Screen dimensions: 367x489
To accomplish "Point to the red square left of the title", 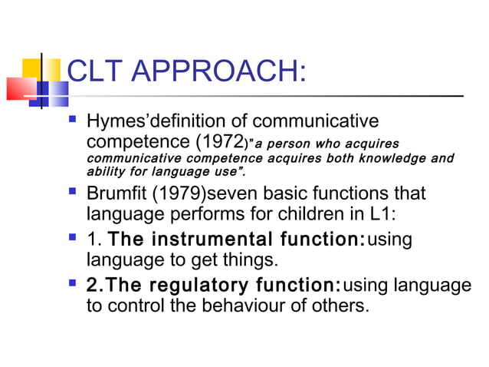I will pyautogui.click(x=21, y=88).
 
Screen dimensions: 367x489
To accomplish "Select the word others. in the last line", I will pyautogui.click(x=342, y=306).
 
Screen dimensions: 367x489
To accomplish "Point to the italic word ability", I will pyautogui.click(x=105, y=172).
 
